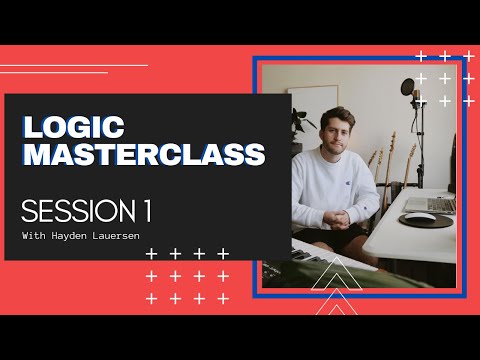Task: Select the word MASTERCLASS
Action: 144,155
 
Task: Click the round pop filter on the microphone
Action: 408,90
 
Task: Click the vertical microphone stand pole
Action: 420,140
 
